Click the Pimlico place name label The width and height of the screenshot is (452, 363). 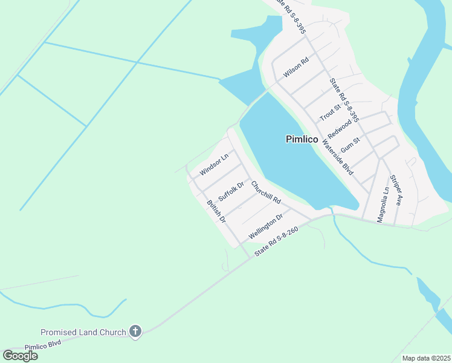point(302,139)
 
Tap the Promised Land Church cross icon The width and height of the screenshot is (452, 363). point(135,331)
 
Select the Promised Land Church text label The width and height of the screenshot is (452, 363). point(83,332)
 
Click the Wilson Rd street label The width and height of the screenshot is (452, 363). point(296,68)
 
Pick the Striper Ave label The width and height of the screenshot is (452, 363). point(396,191)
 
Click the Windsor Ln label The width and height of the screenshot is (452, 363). point(214,165)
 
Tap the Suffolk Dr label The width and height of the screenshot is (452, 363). point(231,192)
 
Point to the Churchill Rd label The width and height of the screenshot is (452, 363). point(266,192)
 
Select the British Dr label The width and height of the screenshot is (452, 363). point(216,212)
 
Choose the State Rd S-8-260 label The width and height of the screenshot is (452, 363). point(276,241)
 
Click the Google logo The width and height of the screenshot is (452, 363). point(20,356)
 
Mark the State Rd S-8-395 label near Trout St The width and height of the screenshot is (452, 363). point(344,100)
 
